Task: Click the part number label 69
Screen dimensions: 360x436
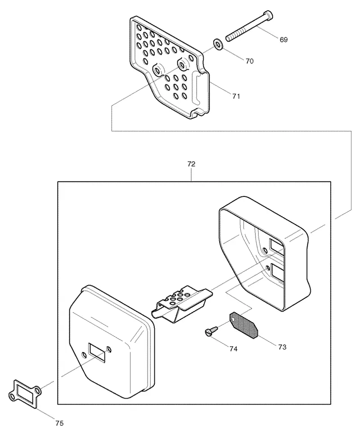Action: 283,40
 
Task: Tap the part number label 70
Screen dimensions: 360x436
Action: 249,61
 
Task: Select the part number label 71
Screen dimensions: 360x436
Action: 236,96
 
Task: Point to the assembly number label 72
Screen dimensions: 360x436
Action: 191,164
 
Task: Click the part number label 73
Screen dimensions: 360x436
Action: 282,347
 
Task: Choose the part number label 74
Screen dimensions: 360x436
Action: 234,349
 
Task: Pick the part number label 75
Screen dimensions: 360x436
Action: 59,423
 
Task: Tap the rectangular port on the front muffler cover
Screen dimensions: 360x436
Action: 97,353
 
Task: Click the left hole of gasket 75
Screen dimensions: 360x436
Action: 12,395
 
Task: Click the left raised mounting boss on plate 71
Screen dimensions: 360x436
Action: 158,69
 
